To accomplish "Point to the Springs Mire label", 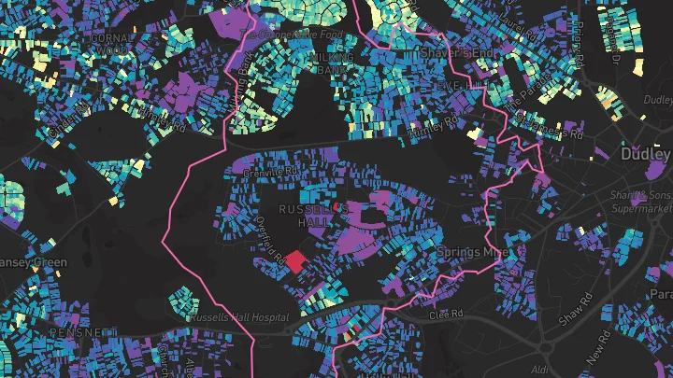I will coord(472,252).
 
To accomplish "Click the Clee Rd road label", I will coord(446,315).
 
